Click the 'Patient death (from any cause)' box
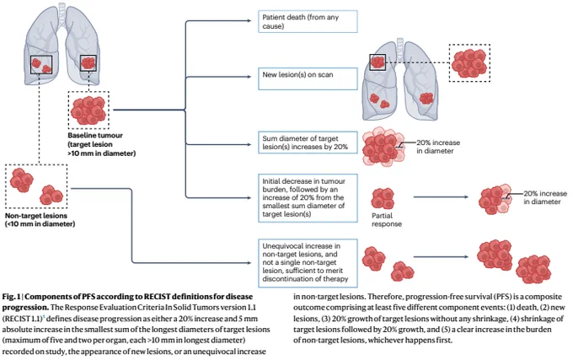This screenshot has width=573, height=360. pyautogui.click(x=308, y=22)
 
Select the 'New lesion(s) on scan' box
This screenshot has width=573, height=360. pyautogui.click(x=308, y=78)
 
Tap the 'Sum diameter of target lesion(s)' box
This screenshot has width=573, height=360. pyautogui.click(x=308, y=142)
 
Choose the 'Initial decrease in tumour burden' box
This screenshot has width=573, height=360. pyautogui.click(x=308, y=198)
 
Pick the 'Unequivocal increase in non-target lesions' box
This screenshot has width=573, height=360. pyautogui.click(x=308, y=263)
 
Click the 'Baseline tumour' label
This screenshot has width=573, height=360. pyautogui.click(x=95, y=135)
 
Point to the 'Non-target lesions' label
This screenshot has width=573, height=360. pyautogui.click(x=35, y=216)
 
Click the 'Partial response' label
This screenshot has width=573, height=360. pyautogui.click(x=387, y=220)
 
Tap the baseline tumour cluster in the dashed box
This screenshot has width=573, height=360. pyautogui.click(x=88, y=110)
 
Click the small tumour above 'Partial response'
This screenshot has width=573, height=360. pyautogui.click(x=383, y=198)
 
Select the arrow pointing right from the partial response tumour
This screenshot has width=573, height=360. pyautogui.click(x=441, y=197)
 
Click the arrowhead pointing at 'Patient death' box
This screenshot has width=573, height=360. pyautogui.click(x=249, y=21)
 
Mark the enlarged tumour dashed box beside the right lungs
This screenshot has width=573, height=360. pyautogui.click(x=469, y=63)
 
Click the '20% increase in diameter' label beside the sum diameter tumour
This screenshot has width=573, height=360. pyautogui.click(x=438, y=147)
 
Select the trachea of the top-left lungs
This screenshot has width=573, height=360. pyautogui.click(x=62, y=13)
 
